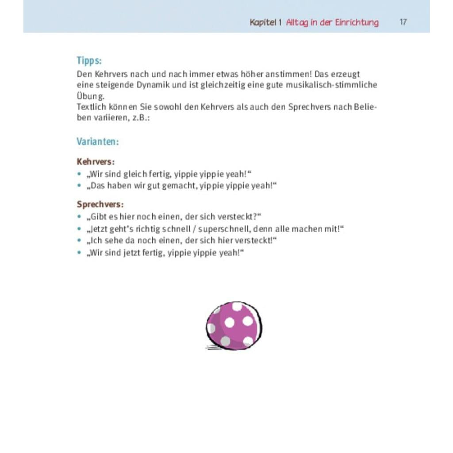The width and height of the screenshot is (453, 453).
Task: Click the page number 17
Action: pyautogui.click(x=403, y=22)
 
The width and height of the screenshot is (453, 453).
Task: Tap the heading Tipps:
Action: pyautogui.click(x=89, y=61)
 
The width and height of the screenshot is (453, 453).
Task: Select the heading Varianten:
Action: pyautogui.click(x=97, y=142)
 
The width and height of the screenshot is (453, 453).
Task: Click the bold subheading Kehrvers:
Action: pyautogui.click(x=96, y=162)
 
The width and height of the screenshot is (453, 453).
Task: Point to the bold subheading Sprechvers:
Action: pyautogui.click(x=100, y=204)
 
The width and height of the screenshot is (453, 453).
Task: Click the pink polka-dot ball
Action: pyautogui.click(x=234, y=326)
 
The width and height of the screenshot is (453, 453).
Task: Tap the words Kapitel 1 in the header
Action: pyautogui.click(x=265, y=22)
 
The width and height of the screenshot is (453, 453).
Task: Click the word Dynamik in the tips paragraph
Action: pyautogui.click(x=152, y=85)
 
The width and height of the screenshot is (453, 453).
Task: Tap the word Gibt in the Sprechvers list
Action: pyautogui.click(x=99, y=217)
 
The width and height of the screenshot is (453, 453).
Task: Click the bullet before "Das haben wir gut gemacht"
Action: pyautogui.click(x=79, y=185)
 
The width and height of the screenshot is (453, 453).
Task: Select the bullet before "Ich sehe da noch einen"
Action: pyautogui.click(x=79, y=241)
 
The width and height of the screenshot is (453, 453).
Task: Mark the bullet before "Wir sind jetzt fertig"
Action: pyautogui.click(x=79, y=253)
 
